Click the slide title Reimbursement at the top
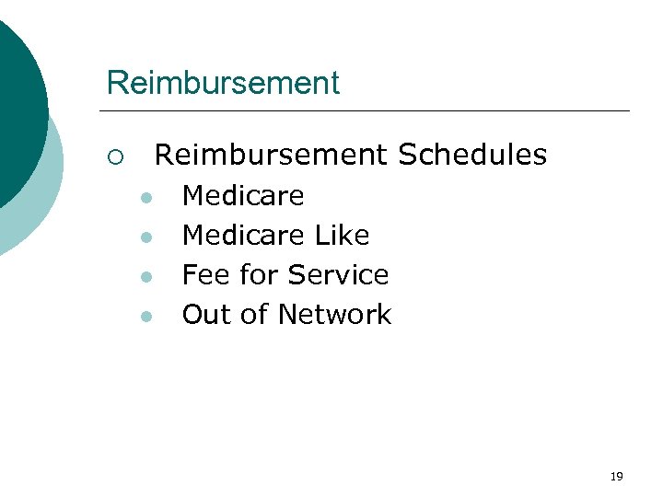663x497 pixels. point(223,83)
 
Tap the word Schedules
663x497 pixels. point(472,155)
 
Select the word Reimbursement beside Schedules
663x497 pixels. point(272,155)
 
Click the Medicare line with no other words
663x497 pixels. point(243,196)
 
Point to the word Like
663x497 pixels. point(342,236)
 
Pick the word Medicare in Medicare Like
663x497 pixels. point(243,236)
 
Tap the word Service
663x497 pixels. point(338,275)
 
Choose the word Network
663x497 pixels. point(334,315)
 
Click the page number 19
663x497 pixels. point(617,476)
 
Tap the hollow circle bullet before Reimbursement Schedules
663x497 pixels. point(113,156)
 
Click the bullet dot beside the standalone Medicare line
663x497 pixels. point(145,198)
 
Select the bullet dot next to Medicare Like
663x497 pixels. point(145,237)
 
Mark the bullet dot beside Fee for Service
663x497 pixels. point(145,277)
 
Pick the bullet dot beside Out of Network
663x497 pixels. point(145,317)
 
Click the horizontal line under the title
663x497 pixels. point(368,111)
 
